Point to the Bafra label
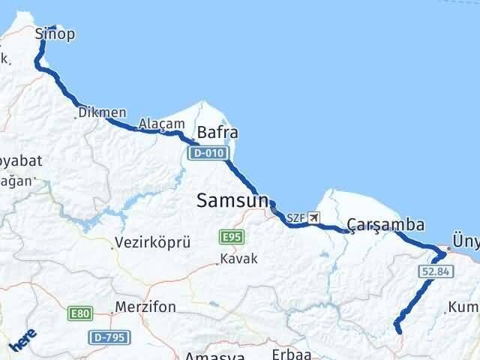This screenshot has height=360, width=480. click(x=218, y=133)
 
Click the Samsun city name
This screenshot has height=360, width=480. click(x=232, y=200)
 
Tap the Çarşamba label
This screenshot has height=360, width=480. click(x=386, y=224)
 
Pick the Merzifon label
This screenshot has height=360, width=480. click(x=146, y=307)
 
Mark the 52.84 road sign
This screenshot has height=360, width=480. click(x=435, y=271)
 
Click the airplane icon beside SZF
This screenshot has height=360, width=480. click(x=313, y=217)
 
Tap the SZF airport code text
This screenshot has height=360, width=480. click(x=295, y=217)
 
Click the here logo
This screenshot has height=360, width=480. click(x=22, y=341)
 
